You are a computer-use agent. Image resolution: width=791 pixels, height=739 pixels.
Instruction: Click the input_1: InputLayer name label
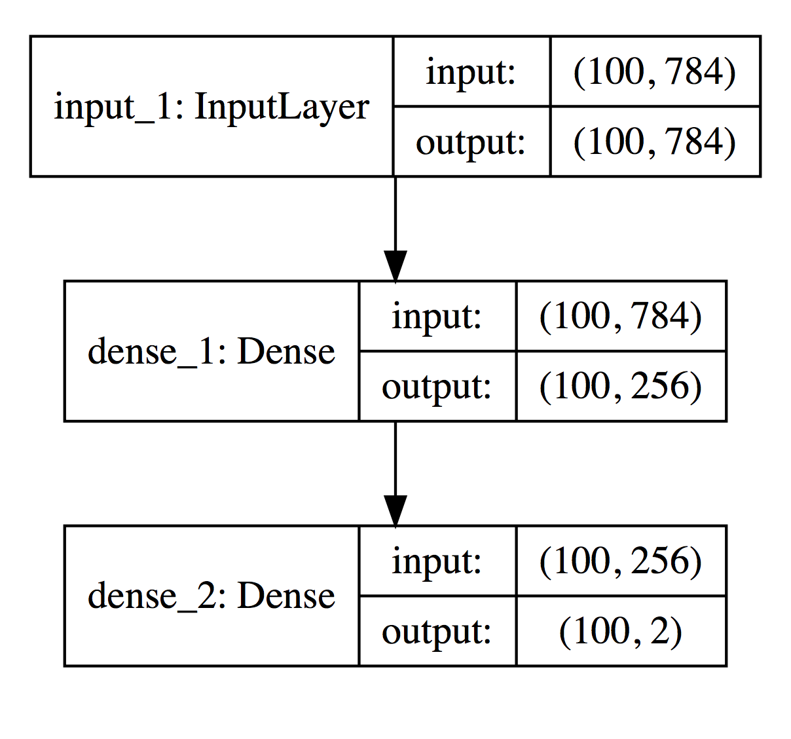tap(211, 107)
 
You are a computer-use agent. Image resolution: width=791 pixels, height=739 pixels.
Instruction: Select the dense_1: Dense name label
tap(211, 352)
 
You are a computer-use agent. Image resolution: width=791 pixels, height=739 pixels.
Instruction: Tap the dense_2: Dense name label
tap(211, 596)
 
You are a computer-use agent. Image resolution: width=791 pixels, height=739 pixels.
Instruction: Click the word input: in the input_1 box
tap(471, 71)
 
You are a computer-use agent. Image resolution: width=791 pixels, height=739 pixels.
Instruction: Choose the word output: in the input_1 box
tap(471, 142)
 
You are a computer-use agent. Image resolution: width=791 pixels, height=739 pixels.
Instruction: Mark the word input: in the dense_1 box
tap(437, 316)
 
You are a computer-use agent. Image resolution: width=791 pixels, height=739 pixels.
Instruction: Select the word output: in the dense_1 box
tap(437, 387)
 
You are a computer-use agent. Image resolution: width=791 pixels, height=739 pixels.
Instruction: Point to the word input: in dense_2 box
tap(437, 561)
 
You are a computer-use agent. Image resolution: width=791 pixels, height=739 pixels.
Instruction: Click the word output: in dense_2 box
tap(437, 632)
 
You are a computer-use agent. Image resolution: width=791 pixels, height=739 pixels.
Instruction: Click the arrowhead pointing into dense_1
tap(395, 267)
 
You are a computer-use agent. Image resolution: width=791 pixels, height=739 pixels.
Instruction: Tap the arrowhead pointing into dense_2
tap(395, 511)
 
